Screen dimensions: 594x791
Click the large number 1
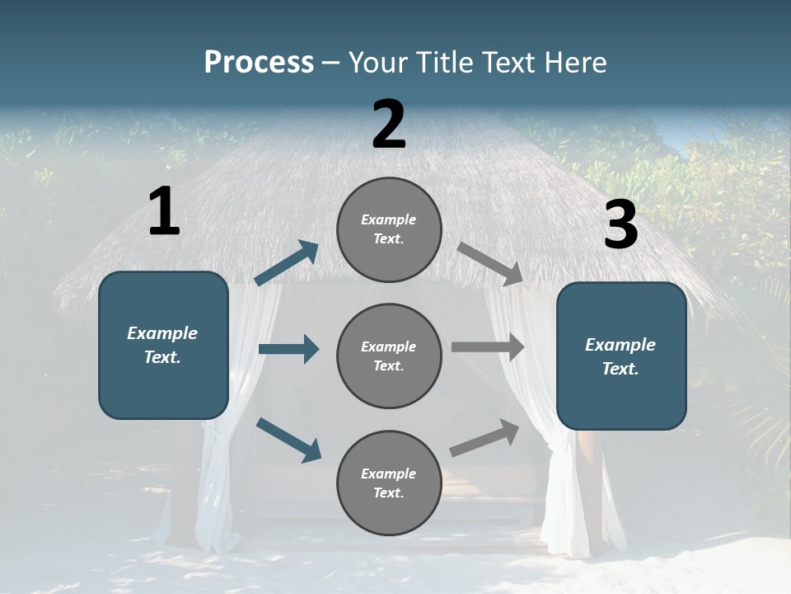pyautogui.click(x=164, y=212)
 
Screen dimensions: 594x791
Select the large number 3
pyautogui.click(x=620, y=225)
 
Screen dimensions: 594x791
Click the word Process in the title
pyautogui.click(x=259, y=63)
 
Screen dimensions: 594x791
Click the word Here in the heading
pyautogui.click(x=576, y=63)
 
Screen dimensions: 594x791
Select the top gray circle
pyautogui.click(x=389, y=229)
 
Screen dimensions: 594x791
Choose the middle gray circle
pyautogui.click(x=389, y=356)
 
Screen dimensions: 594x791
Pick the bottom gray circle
pyautogui.click(x=389, y=483)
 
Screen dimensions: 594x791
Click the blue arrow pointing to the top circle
pyautogui.click(x=287, y=263)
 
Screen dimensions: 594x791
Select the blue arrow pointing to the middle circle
pyautogui.click(x=288, y=349)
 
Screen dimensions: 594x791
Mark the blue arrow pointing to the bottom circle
pyautogui.click(x=288, y=440)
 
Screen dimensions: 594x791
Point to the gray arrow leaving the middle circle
pyautogui.click(x=488, y=347)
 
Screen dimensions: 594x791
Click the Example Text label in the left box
pyautogui.click(x=162, y=345)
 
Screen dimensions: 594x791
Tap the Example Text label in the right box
pyautogui.click(x=620, y=356)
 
